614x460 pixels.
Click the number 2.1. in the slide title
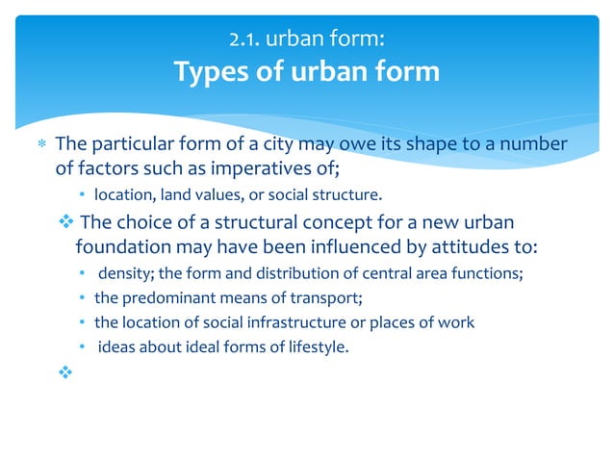tap(246, 40)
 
